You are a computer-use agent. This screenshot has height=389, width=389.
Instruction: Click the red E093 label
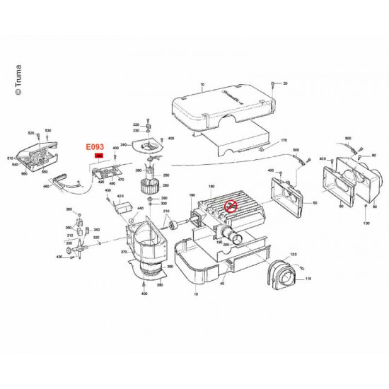tap(93, 147)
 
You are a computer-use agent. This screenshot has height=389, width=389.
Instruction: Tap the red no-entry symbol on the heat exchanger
tap(230, 207)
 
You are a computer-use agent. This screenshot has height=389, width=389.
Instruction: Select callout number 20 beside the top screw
tap(285, 83)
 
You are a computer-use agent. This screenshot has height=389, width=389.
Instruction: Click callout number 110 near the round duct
tap(308, 279)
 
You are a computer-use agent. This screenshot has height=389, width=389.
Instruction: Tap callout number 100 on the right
tap(366, 223)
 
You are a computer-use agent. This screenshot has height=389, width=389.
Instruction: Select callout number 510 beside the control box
tap(11, 158)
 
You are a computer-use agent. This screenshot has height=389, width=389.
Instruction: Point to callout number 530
tap(48, 132)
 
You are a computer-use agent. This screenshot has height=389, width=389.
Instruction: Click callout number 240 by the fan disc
tap(124, 145)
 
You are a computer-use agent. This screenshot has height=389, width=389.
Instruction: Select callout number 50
tap(314, 202)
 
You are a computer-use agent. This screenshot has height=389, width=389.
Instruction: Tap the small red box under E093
tap(98, 156)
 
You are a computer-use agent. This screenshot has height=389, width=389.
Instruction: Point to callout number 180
tap(211, 186)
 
